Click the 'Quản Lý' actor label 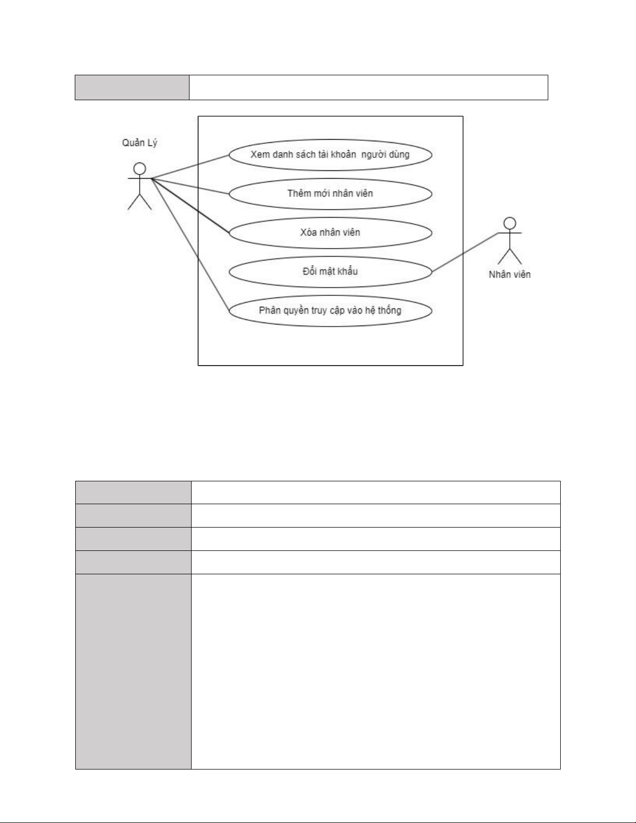coord(139,143)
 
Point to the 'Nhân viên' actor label coord(509,275)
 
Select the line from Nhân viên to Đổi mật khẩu coord(465,252)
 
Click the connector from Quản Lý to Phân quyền coord(191,244)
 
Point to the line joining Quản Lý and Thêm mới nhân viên coord(191,186)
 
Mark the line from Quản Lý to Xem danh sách coord(191,166)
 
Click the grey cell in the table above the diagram coord(132,87)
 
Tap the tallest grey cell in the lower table coord(133,671)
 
